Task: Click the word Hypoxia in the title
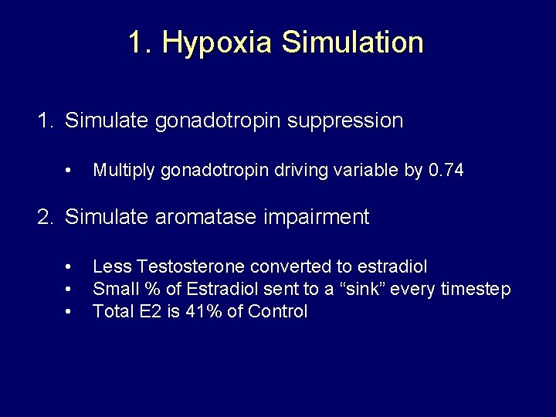pos(217,42)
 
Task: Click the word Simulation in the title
pos(352,42)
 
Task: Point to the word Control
pos(277,312)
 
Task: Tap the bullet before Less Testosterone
pos(70,267)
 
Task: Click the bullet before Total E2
pos(70,312)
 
